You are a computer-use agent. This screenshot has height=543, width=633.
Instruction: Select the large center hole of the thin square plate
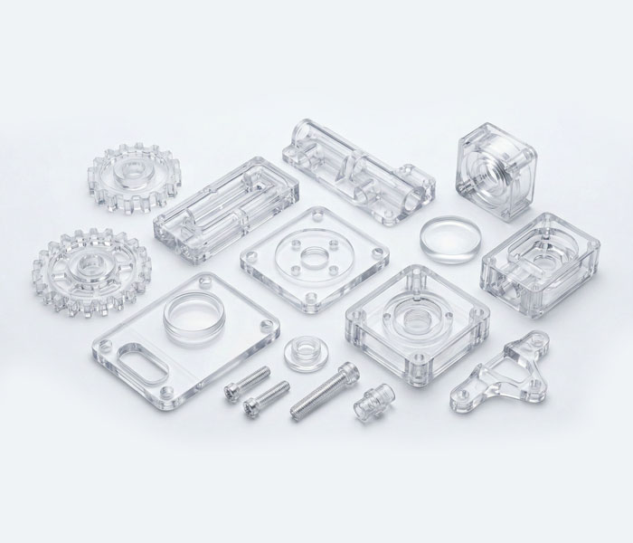(313, 258)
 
